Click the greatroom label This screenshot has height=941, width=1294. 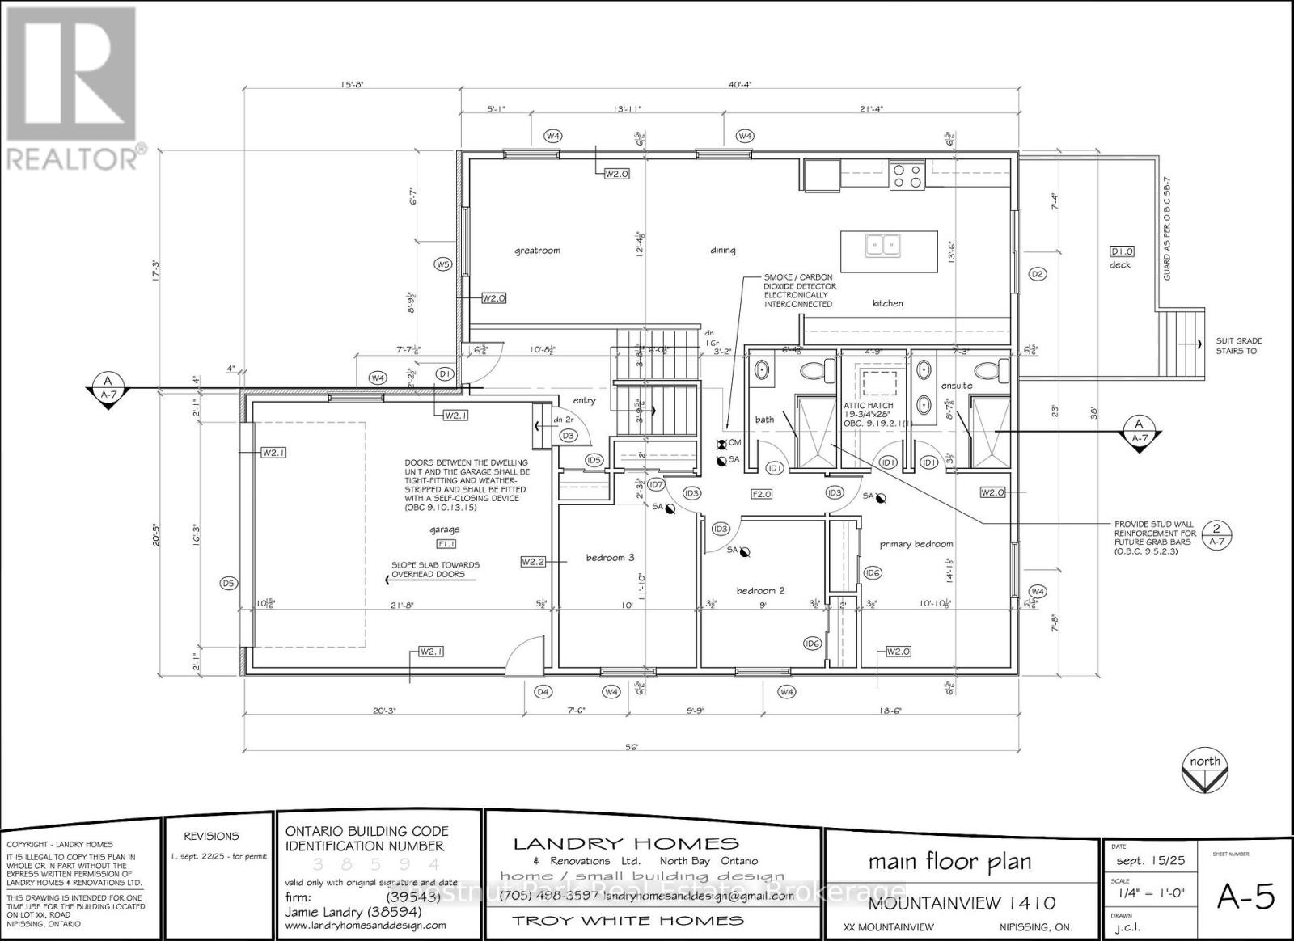(x=537, y=251)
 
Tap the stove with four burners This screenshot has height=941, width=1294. (x=907, y=175)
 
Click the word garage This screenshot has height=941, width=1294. (x=444, y=530)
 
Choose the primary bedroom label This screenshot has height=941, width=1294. (x=916, y=544)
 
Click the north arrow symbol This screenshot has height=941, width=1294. (x=1205, y=772)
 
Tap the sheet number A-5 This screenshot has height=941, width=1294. (x=1246, y=897)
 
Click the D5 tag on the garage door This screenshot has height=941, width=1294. (x=228, y=583)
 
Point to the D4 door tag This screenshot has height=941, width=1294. (x=543, y=692)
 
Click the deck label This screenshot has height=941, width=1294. (x=1119, y=265)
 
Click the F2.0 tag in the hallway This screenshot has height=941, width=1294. (x=762, y=492)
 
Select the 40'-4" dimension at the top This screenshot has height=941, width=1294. (x=740, y=84)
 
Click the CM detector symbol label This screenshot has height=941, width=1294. (x=734, y=442)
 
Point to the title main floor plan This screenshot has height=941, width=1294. (x=949, y=861)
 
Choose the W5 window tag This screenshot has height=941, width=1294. (x=442, y=264)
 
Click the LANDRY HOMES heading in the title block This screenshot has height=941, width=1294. (x=626, y=844)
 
